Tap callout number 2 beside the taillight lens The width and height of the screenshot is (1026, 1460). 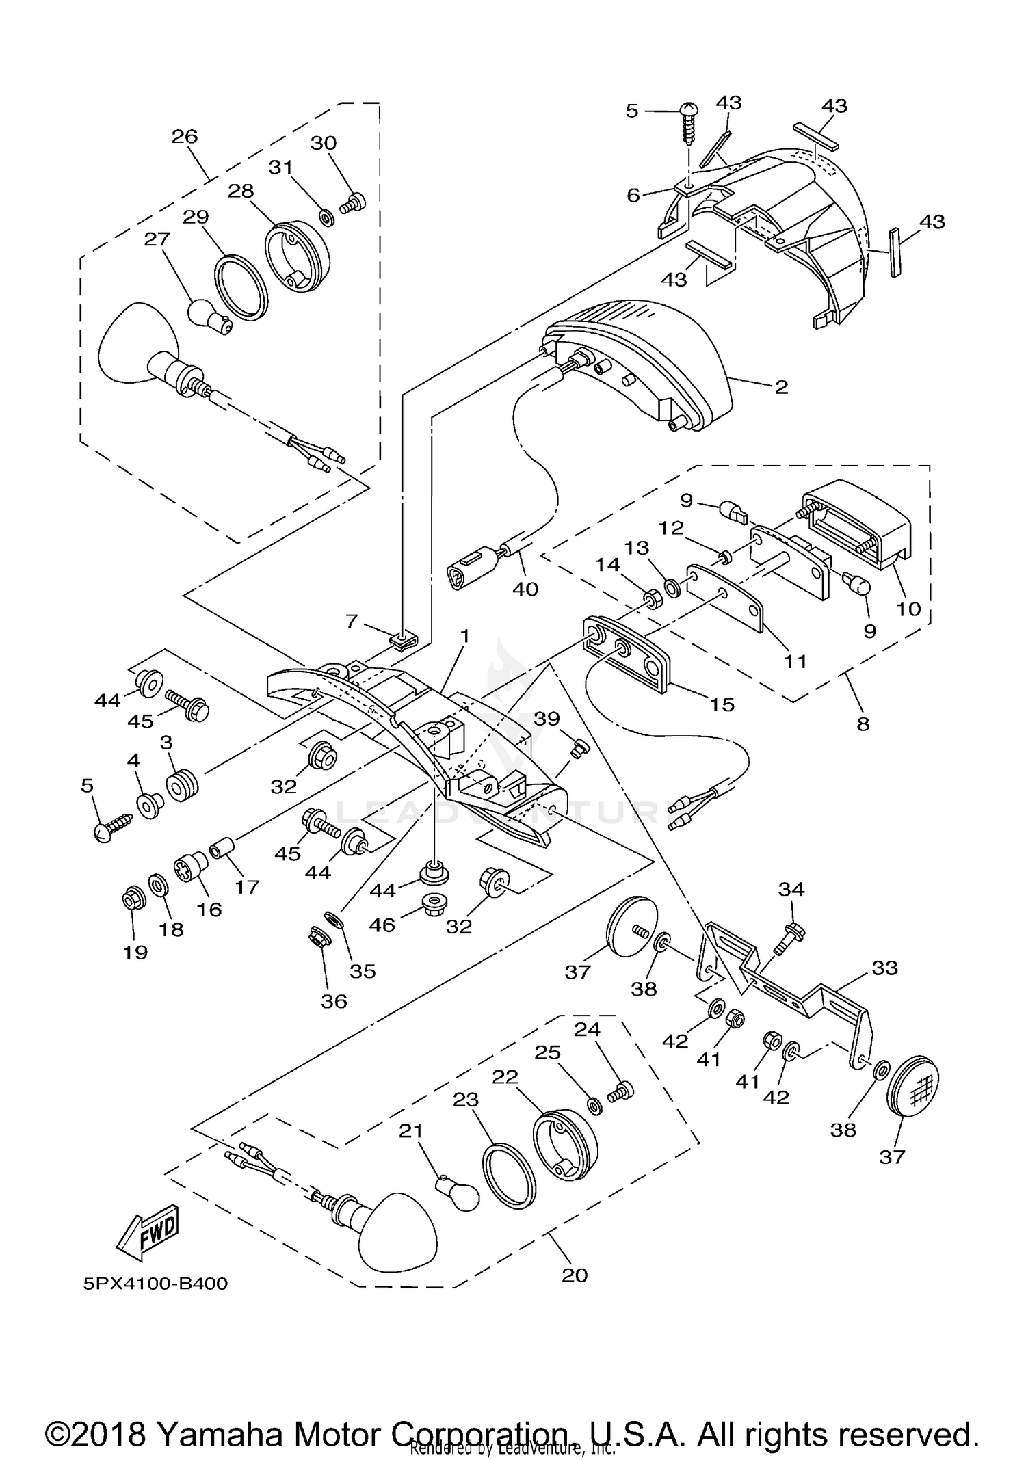tap(782, 388)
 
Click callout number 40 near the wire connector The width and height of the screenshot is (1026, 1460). tap(525, 588)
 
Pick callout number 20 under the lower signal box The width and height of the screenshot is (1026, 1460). tap(575, 1275)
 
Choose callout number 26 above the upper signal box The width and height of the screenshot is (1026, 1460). tap(185, 136)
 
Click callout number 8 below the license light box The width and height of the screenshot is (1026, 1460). tap(863, 723)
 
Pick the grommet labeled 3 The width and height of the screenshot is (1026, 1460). tap(182, 786)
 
